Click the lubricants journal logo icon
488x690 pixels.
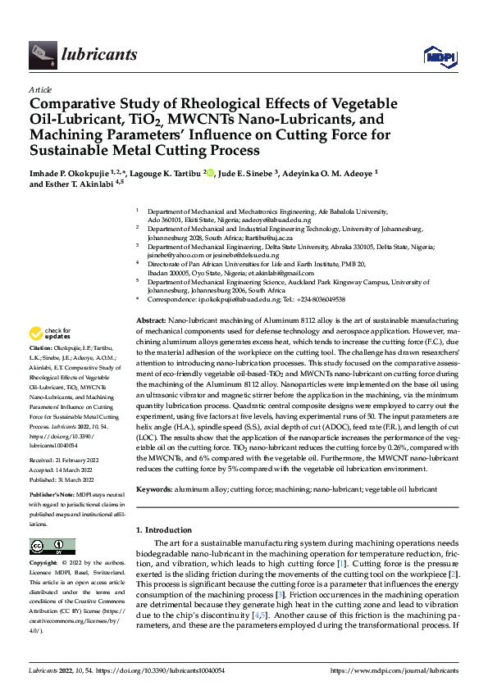click(x=42, y=54)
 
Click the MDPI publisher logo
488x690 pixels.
click(x=437, y=56)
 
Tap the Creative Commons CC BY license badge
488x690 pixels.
click(x=52, y=547)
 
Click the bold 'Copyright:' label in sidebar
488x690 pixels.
click(x=45, y=564)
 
